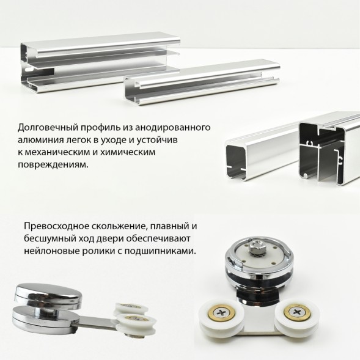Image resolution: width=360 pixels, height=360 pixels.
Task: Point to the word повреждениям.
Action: pyautogui.click(x=53, y=164)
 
